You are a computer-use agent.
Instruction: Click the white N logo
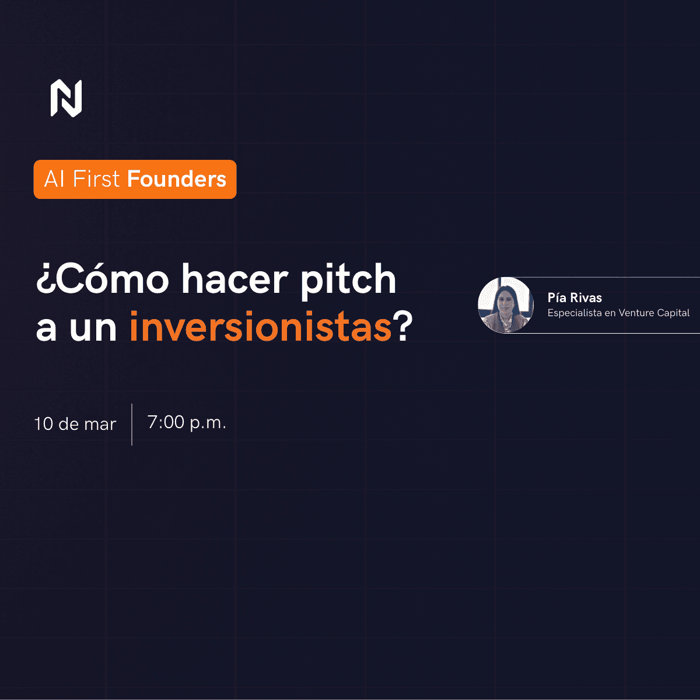pos(66,98)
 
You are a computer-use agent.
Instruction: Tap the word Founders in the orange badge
pos(177,179)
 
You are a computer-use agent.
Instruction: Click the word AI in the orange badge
pos(54,179)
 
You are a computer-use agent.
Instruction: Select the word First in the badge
pos(96,179)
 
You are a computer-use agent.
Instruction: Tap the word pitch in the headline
pos(348,280)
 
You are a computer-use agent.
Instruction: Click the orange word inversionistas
pos(260,328)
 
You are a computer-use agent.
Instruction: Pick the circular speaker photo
pos(506,305)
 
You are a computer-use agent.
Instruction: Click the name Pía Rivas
pos(575,297)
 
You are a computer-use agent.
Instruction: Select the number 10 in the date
pos(44,424)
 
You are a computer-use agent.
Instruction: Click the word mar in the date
pos(100,425)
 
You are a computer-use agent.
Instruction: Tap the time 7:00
pos(166,422)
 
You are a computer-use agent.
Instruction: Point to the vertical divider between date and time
pos(132,424)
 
